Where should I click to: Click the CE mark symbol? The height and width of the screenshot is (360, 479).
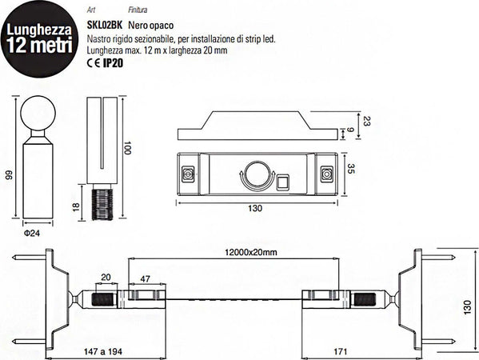(92, 62)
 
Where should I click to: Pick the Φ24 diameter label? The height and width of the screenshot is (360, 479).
(31, 232)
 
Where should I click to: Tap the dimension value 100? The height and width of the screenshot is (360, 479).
(127, 150)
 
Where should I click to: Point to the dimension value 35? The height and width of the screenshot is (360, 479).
(351, 170)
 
